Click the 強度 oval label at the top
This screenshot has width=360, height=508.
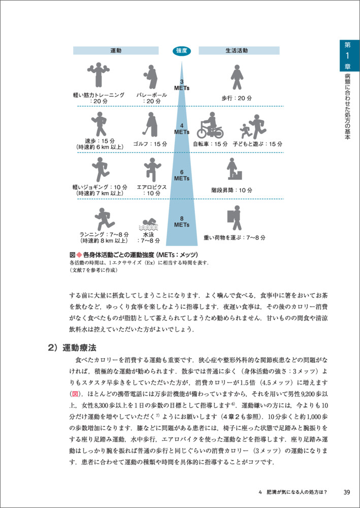coord(182,50)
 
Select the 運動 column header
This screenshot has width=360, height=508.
coord(116,50)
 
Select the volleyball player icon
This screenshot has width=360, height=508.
coord(150,76)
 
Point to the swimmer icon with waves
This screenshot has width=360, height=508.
coord(149,224)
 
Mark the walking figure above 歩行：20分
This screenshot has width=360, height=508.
coord(236,77)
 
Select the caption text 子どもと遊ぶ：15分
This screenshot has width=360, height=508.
coord(257,144)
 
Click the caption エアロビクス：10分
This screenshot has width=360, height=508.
coord(151,190)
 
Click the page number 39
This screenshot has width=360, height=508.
coord(347,492)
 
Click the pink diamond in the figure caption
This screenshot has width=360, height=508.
coord(79,254)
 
